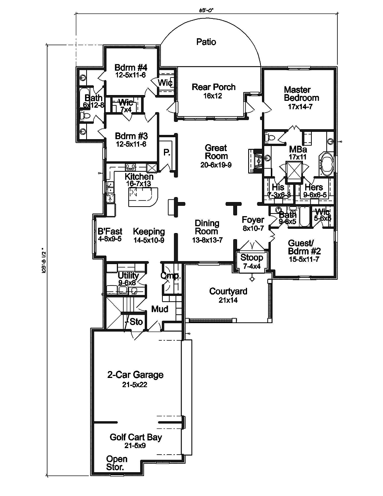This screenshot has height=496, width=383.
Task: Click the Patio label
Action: tap(206, 42)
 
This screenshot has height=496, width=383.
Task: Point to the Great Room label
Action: tap(216, 152)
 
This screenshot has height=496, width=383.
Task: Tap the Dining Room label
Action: tap(207, 227)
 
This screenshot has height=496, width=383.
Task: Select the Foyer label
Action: tap(253, 220)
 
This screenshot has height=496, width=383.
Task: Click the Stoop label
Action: tap(252, 258)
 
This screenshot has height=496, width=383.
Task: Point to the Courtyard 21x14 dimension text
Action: tap(228, 301)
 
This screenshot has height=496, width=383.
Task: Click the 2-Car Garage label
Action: tap(135, 375)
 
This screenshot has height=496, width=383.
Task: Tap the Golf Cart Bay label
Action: tap(136, 437)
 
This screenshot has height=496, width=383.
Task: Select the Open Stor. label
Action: tap(117, 463)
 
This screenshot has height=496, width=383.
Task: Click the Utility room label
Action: tap(128, 276)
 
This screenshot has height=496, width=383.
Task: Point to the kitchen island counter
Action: tap(142, 199)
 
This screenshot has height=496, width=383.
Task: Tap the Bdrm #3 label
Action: tap(131, 136)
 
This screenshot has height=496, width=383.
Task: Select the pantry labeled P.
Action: tap(167, 153)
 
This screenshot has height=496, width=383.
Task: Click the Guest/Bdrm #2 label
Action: tap(304, 247)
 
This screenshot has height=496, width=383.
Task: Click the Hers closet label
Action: tap(313, 187)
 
